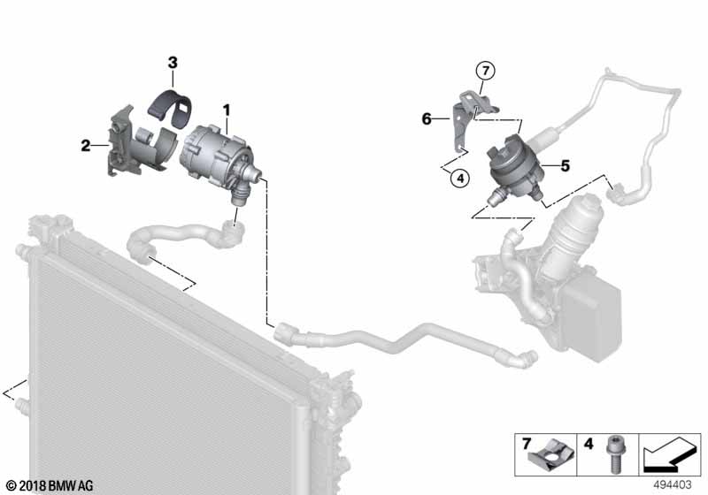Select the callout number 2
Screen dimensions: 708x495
point(86,145)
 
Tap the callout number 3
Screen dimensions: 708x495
point(173,62)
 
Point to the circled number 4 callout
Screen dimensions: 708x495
point(458,178)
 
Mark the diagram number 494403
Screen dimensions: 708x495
point(675,484)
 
